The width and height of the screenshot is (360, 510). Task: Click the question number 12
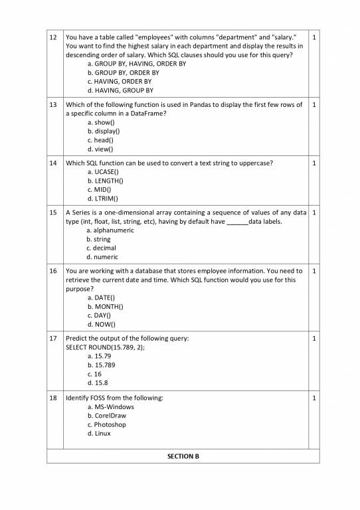(x=54, y=37)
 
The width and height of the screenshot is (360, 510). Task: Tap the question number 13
(x=54, y=105)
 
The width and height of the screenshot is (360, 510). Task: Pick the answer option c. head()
(x=100, y=140)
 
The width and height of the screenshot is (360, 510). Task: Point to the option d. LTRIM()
(x=103, y=199)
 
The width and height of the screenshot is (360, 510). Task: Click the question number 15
(x=54, y=212)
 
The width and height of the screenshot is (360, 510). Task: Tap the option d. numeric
(x=102, y=257)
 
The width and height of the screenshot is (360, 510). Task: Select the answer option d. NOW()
(x=101, y=325)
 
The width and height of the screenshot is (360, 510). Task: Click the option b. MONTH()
(x=105, y=307)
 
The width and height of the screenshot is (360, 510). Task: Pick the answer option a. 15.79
(x=99, y=356)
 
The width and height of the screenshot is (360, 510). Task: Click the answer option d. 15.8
(x=98, y=382)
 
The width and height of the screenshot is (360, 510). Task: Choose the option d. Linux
(x=99, y=434)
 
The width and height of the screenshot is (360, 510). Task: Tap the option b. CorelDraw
(x=106, y=416)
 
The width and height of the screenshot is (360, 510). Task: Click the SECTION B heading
(x=183, y=456)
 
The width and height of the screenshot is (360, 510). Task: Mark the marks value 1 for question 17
(x=314, y=339)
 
